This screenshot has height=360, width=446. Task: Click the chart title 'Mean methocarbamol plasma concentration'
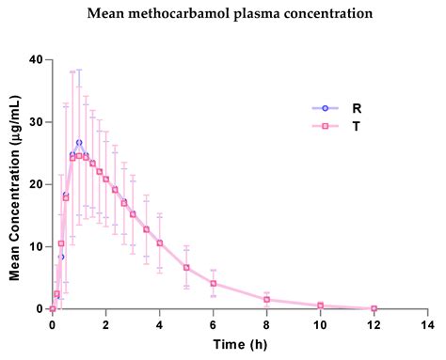pos(222,14)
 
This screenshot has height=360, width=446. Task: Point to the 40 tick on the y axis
pos(36,59)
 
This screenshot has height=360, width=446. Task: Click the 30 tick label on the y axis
pos(36,121)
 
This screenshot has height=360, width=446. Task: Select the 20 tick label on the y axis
pos(36,184)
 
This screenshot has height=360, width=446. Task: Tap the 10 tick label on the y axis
pos(36,246)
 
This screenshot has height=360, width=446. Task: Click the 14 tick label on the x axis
pos(427,324)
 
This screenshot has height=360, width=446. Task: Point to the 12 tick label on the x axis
pos(374,324)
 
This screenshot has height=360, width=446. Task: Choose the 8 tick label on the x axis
pos(266,324)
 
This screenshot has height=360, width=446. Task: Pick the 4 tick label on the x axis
pos(159,324)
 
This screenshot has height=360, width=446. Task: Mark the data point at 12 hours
pos(374,308)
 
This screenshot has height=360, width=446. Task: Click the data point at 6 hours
pos(214,283)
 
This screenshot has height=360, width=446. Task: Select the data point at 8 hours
pos(266,300)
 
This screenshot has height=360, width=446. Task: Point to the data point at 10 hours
pos(320,305)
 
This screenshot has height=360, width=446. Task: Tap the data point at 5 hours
pos(186,267)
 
